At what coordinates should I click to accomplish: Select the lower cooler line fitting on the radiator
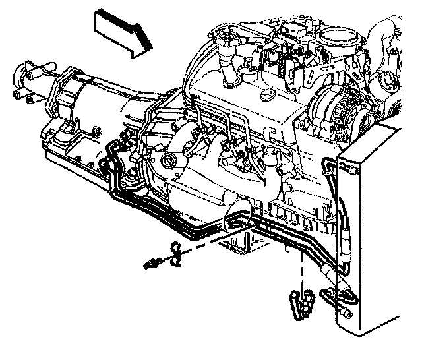pyautogui.click(x=330, y=293)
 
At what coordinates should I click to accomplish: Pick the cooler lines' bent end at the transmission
pyautogui.click(x=111, y=156)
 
